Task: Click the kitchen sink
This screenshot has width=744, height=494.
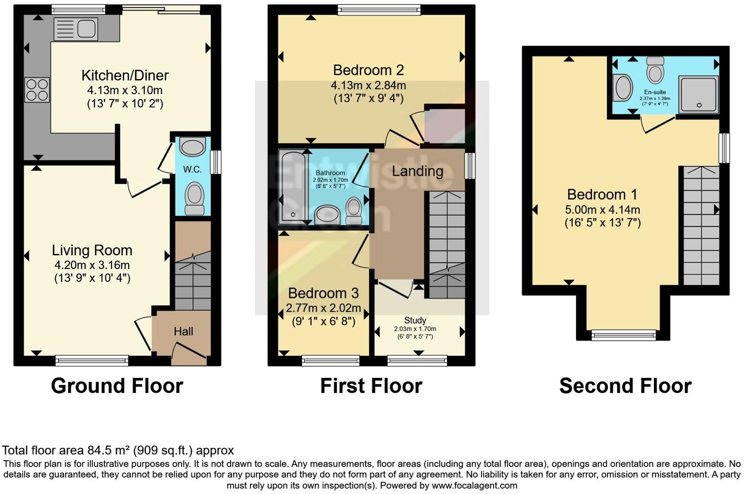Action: click(x=75, y=28)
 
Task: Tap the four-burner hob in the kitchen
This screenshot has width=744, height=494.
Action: click(x=37, y=90)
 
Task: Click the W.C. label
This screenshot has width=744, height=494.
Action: click(x=192, y=170)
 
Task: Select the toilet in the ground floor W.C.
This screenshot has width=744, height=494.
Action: click(x=194, y=198)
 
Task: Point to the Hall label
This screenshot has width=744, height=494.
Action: click(x=183, y=332)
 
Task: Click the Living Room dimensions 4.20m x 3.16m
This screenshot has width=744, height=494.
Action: click(x=92, y=265)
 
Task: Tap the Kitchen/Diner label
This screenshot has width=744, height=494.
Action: click(x=125, y=75)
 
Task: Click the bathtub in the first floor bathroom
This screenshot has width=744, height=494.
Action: click(x=292, y=186)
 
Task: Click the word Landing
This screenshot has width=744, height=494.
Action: click(x=418, y=171)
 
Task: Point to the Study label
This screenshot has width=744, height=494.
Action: click(x=415, y=320)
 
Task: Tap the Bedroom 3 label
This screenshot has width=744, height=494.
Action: click(x=323, y=293)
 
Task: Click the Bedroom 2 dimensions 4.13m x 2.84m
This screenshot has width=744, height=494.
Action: click(x=368, y=85)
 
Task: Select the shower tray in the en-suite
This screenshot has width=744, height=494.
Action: click(x=698, y=94)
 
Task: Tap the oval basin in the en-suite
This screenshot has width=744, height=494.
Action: click(x=624, y=88)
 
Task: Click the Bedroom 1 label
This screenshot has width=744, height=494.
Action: click(x=602, y=195)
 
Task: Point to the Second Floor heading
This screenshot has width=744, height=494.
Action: click(x=625, y=386)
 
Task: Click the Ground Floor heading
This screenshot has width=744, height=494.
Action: click(x=117, y=386)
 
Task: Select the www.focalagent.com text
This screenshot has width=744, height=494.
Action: click(x=474, y=486)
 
